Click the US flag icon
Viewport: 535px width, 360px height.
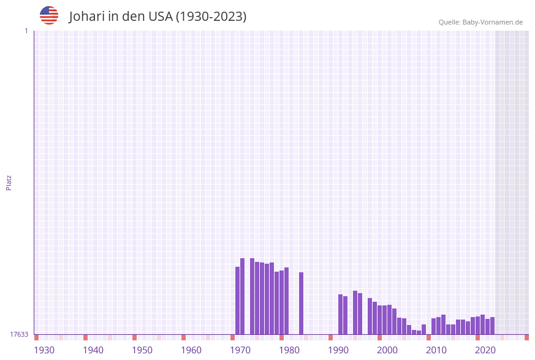click(49, 15)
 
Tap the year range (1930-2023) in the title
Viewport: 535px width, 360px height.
click(211, 17)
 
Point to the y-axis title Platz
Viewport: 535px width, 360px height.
click(9, 182)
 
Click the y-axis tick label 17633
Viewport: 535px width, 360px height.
click(19, 334)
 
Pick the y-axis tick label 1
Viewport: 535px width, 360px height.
click(26, 31)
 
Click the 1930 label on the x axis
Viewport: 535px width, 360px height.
click(44, 350)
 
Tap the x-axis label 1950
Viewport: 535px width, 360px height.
click(142, 350)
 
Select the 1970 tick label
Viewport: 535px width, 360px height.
click(240, 350)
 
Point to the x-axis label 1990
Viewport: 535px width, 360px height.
click(338, 350)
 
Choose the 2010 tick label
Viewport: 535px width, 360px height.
click(436, 350)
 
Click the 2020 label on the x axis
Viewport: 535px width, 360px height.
click(485, 350)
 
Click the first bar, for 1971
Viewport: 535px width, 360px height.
click(238, 301)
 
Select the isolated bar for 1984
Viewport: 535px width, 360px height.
click(302, 303)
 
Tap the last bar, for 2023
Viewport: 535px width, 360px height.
click(493, 326)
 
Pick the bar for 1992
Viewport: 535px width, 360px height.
click(341, 314)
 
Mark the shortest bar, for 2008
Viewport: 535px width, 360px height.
click(419, 332)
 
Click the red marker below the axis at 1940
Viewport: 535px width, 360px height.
click(86, 337)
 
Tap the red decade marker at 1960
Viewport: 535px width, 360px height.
click(184, 337)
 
